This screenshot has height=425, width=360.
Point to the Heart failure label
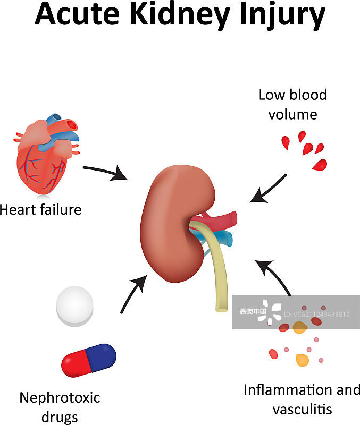40,209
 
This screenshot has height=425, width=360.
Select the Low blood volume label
292,105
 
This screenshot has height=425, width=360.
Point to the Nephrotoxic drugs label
60,406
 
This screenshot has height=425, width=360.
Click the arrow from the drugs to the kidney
133,294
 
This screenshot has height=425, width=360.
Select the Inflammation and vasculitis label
302,399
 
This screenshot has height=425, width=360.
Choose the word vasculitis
302,409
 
